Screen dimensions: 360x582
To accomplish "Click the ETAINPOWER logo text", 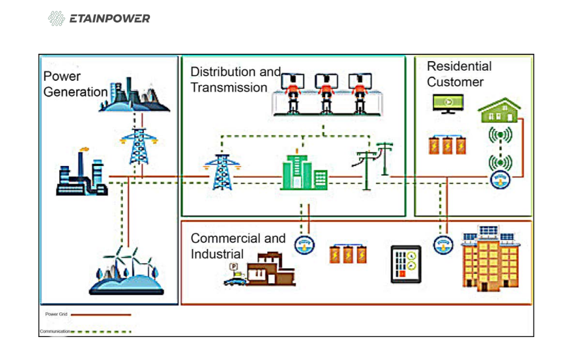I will [x=109, y=19].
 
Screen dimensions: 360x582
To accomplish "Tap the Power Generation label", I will [x=74, y=85].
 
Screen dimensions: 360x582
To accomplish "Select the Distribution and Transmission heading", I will [x=235, y=80].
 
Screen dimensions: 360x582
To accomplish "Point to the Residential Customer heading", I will [x=459, y=74].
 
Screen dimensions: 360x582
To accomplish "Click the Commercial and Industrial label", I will [x=238, y=246].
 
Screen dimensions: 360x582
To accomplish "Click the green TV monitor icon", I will [x=448, y=103].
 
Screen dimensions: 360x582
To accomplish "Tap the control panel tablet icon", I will [x=406, y=265].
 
